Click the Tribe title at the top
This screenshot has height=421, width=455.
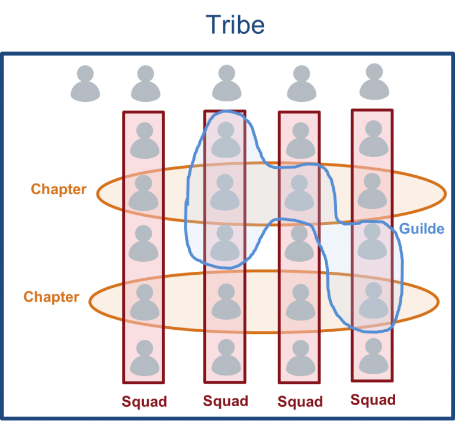[x=235, y=25]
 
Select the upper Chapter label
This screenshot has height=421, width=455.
[x=59, y=189]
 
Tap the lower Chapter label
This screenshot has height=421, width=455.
[x=52, y=297]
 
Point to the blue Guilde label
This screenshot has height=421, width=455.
[x=422, y=229]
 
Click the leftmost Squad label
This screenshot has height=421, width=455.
[x=145, y=402]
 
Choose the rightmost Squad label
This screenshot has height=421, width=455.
[x=373, y=400]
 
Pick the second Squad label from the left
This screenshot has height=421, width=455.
[x=226, y=401]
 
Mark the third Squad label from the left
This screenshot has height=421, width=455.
[x=300, y=402]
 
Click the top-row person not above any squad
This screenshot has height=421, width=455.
[x=85, y=84]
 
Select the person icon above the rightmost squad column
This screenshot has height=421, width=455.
[x=374, y=82]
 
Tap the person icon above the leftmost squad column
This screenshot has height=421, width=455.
[x=146, y=84]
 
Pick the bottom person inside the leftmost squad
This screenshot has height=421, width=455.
[x=145, y=358]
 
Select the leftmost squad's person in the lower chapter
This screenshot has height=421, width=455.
[x=145, y=302]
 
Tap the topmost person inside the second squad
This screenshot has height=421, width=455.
[x=226, y=140]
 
